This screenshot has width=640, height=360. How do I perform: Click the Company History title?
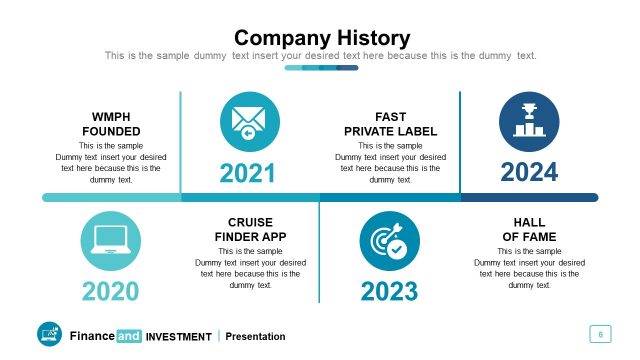[x=321, y=38]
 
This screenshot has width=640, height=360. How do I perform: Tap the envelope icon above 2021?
[x=248, y=122]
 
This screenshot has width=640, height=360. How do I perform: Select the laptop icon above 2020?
[x=109, y=241]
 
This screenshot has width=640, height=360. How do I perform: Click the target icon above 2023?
[x=388, y=241]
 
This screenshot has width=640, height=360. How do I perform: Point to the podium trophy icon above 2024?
[x=528, y=122]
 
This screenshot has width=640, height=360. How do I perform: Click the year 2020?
[x=110, y=292]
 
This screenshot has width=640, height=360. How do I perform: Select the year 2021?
[x=248, y=173]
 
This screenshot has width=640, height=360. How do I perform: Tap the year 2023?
[x=389, y=292]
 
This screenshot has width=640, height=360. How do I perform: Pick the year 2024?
[x=529, y=173]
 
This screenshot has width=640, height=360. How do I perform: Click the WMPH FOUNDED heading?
[x=110, y=124]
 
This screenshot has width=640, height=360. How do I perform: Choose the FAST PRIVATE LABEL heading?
[x=390, y=124]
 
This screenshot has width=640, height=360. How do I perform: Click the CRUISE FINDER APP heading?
[x=250, y=229]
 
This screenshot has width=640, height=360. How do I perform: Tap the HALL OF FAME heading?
[x=529, y=229]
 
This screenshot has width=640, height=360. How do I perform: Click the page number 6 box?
[x=600, y=334]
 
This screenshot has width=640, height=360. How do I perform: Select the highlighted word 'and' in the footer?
[x=129, y=336]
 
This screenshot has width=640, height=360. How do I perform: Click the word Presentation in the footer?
[x=256, y=336]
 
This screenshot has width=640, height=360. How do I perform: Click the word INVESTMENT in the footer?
[x=178, y=337]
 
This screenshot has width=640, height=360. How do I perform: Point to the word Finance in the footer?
[x=92, y=336]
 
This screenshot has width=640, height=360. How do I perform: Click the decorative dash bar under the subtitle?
[x=321, y=68]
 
